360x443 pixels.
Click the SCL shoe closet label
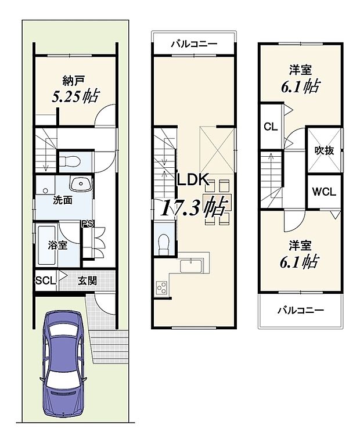[x=45, y=280]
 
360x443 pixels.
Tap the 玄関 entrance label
[x=87, y=280]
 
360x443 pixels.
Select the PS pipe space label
[x=87, y=224]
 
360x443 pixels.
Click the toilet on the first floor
[x=74, y=160]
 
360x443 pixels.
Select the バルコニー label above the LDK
[x=194, y=44]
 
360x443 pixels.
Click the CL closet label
[x=270, y=126]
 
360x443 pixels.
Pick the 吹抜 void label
[x=323, y=150]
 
